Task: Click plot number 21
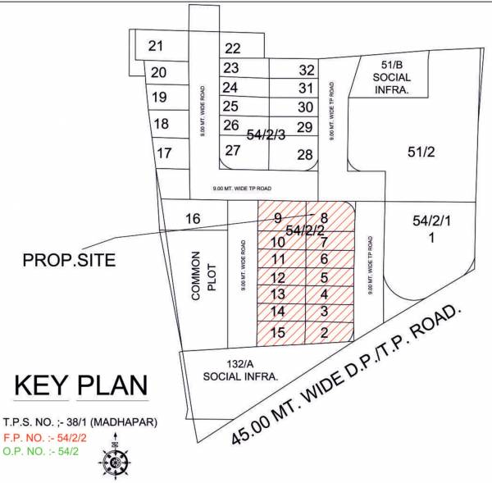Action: click(156, 47)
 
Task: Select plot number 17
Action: click(164, 153)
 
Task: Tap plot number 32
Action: click(307, 71)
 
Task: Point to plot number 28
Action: click(305, 154)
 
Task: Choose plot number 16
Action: click(194, 219)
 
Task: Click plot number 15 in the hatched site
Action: click(277, 332)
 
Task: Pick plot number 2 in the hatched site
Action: click(325, 332)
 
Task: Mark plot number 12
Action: click(277, 277)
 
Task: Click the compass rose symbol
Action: click(116, 461)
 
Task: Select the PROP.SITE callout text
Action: click(71, 261)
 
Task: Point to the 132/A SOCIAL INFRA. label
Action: click(241, 371)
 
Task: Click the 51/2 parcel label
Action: click(420, 151)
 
